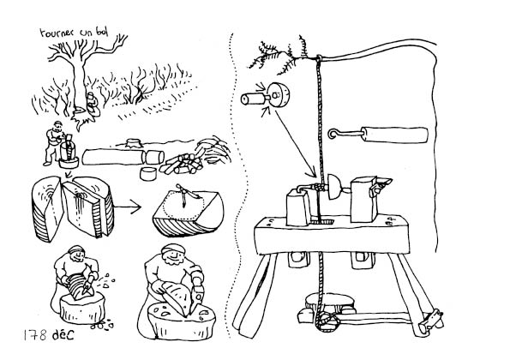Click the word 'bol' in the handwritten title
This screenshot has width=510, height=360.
pyautogui.click(x=101, y=31)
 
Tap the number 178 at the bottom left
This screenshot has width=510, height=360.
pyautogui.click(x=35, y=335)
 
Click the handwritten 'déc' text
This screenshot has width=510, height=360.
pyautogui.click(x=63, y=333)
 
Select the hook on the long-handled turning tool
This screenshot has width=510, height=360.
pyautogui.click(x=333, y=134)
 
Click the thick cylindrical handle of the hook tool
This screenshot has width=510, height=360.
pyautogui.click(x=394, y=135)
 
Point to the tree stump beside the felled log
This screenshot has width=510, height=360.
pyautogui.click(x=134, y=143)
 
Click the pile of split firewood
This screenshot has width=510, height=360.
pyautogui.click(x=181, y=164)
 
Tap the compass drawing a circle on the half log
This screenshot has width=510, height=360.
pyautogui.click(x=184, y=195)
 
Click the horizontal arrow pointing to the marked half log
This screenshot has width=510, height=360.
pyautogui.click(x=127, y=207)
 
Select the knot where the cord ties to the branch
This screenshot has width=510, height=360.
pyautogui.click(x=319, y=59)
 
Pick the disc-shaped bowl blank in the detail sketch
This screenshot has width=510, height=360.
pyautogui.click(x=278, y=95)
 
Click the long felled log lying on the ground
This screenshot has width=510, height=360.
pyautogui.click(x=113, y=157)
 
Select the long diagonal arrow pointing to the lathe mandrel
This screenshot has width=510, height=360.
pyautogui.click(x=296, y=143)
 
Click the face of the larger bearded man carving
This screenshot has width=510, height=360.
pyautogui.click(x=172, y=257)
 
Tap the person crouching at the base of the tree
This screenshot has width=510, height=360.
pyautogui.click(x=92, y=105)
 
